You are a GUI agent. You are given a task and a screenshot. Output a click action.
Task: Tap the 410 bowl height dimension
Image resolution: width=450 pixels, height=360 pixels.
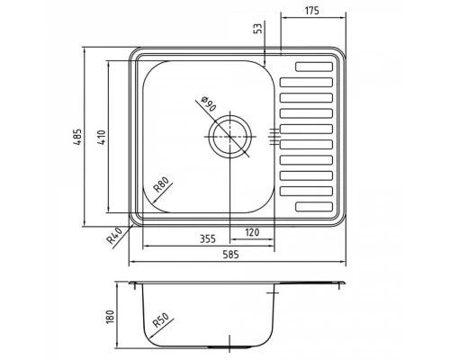click(x=103, y=136)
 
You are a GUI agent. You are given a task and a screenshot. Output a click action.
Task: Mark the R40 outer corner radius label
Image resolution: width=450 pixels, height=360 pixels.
click(x=113, y=237)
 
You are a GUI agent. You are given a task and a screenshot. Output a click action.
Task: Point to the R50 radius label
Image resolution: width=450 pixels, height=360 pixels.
click(x=160, y=321)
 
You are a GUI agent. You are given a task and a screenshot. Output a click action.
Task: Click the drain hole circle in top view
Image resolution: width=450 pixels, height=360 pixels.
click(x=231, y=136)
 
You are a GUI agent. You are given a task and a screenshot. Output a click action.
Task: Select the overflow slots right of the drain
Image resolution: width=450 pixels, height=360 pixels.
click(x=274, y=136)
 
